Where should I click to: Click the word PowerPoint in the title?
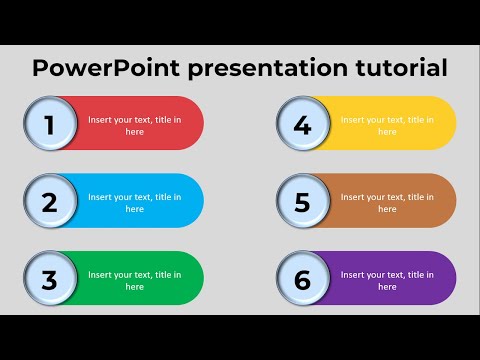tap(94, 68)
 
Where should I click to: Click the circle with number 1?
tap(48, 125)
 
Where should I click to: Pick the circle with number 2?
tap(48, 202)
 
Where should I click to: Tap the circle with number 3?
tap(48, 280)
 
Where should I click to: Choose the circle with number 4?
tap(302, 125)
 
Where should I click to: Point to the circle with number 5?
tap(302, 202)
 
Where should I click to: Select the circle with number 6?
tap(302, 280)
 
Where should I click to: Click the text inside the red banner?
tap(135, 125)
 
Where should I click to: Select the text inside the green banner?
tap(135, 280)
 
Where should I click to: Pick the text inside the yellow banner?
tap(388, 125)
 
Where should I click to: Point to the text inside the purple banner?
tap(388, 280)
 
